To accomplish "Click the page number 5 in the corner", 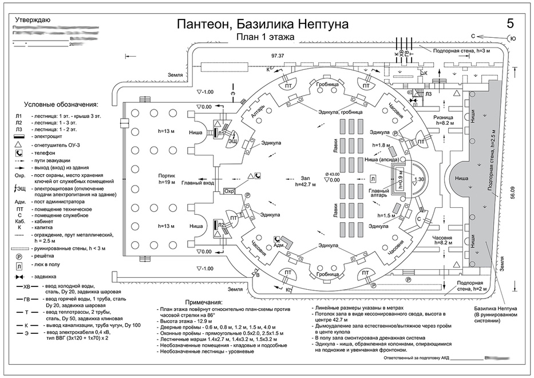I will (x=510, y=23).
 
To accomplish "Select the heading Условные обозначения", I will (x=61, y=105).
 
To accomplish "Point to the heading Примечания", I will (x=204, y=302).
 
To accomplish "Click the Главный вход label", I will (x=199, y=184).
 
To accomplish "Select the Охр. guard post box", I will (x=230, y=191).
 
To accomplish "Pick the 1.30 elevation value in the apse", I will (x=420, y=179).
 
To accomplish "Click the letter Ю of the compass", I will (x=512, y=39).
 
